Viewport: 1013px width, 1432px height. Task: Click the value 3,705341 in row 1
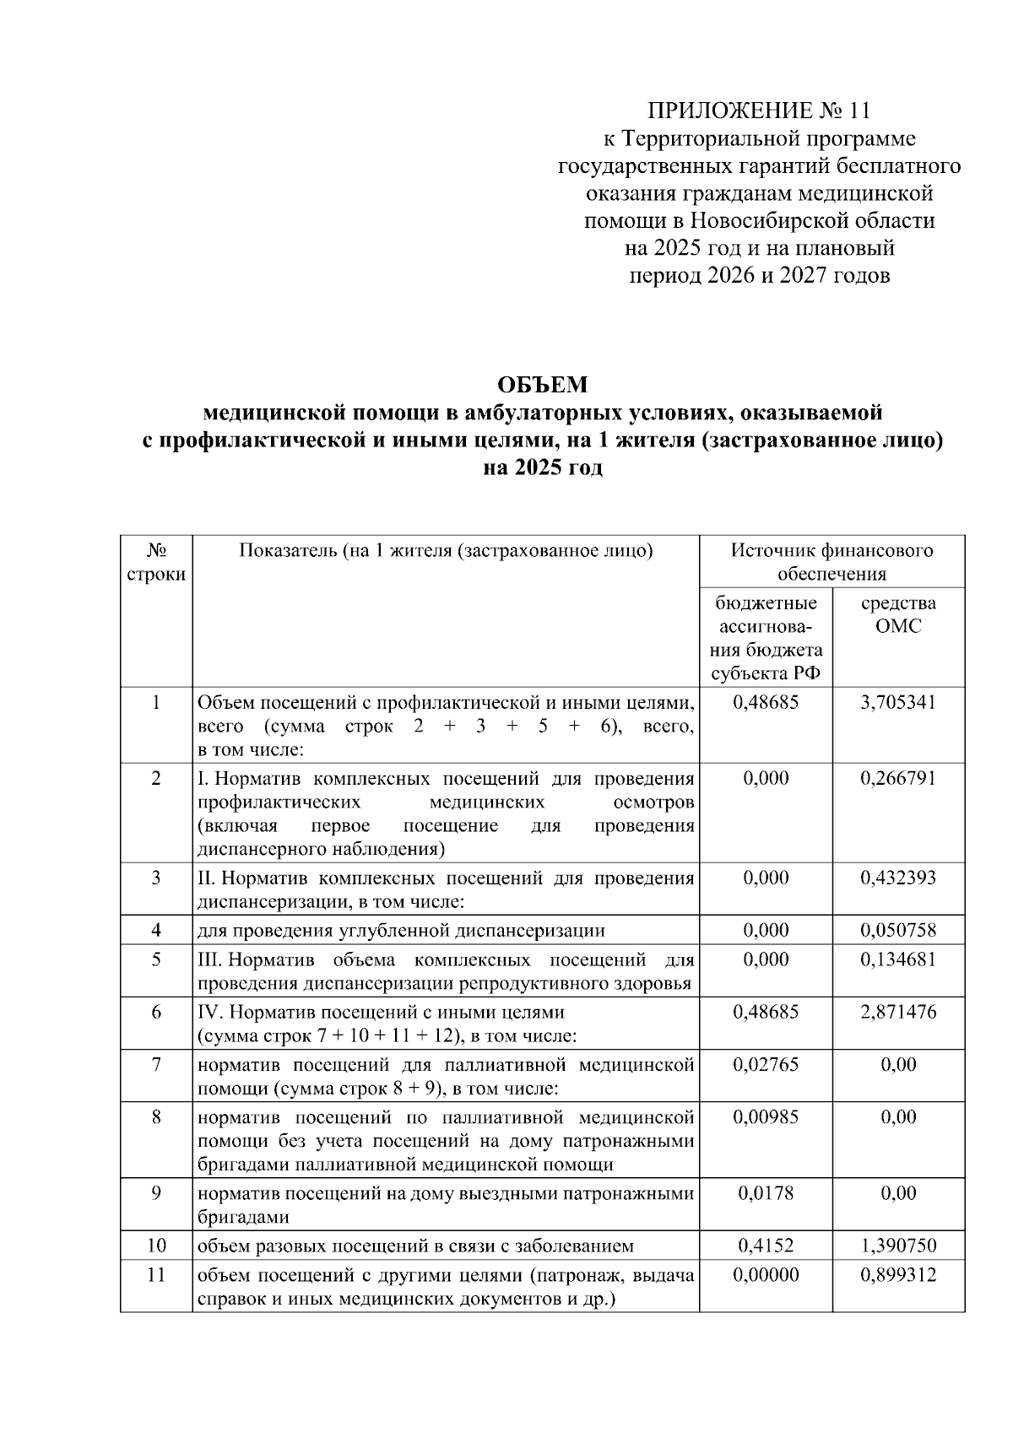point(898,702)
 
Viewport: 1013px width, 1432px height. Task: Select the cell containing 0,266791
point(898,778)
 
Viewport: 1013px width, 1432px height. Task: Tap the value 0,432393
point(898,878)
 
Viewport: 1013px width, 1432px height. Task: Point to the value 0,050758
point(898,931)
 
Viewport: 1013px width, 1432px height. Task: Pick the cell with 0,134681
point(898,959)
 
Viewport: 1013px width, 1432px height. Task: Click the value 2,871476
point(898,1012)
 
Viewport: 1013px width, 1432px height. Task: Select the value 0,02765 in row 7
point(766,1064)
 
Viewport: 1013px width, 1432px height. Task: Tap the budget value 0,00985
point(766,1116)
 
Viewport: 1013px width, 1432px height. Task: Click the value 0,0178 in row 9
point(766,1193)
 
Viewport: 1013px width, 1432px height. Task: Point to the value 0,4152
point(766,1246)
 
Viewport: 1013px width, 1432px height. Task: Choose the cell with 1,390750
point(898,1246)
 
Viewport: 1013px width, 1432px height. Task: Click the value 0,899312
point(898,1274)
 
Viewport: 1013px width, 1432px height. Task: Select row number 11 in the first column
point(156,1274)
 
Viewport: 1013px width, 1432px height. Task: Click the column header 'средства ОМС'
point(898,614)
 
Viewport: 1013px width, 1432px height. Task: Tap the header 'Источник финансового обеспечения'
point(832,562)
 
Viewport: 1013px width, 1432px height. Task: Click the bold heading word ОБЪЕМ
point(541,386)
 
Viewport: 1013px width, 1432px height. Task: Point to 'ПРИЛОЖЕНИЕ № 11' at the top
point(758,111)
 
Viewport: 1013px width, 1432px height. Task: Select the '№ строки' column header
point(156,562)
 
